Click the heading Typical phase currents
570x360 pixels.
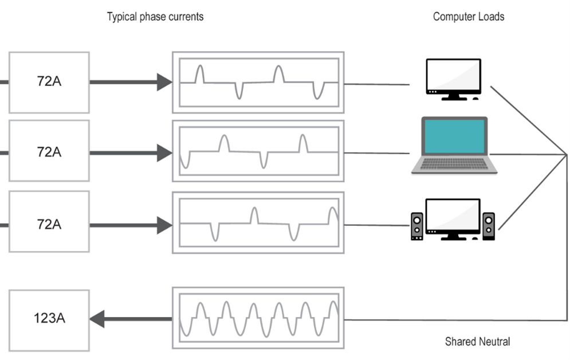[155, 17]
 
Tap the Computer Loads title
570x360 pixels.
[468, 17]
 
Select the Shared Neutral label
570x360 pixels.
[477, 342]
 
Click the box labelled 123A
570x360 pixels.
[49, 319]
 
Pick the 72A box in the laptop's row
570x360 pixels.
[49, 152]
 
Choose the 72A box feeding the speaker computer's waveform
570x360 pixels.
[49, 224]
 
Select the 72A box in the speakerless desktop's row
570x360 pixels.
[49, 81]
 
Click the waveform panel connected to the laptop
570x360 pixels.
[258, 151]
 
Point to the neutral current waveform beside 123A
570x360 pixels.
[258, 319]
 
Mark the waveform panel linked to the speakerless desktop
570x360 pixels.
[258, 82]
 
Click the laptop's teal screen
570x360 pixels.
[454, 136]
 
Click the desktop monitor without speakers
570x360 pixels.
[453, 77]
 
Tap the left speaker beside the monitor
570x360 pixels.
[417, 226]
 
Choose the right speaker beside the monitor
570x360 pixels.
[488, 226]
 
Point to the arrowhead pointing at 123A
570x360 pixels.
[97, 319]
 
